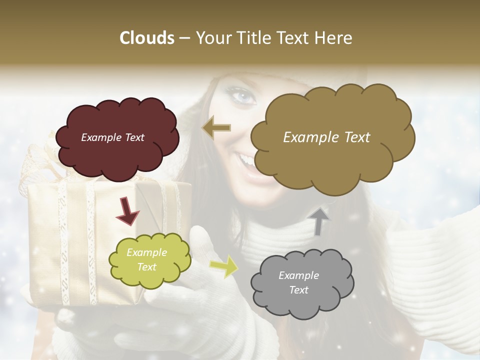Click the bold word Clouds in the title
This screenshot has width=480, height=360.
coord(147,38)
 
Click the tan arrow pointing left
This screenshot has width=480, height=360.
coord(216,127)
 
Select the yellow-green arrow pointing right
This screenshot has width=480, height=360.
coord(223,266)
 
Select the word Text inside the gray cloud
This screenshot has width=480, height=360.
coord(298,290)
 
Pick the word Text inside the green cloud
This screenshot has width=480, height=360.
coord(146,267)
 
